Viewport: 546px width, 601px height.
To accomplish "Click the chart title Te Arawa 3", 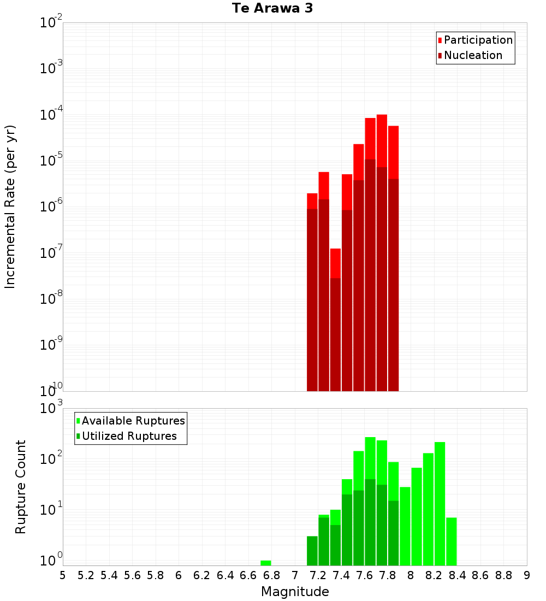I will tap(272, 9).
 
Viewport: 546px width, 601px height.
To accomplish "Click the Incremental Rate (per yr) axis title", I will tap(10, 207).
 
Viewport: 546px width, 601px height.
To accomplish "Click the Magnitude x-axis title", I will tap(295, 592).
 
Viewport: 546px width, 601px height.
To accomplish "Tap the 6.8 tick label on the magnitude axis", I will tap(271, 575).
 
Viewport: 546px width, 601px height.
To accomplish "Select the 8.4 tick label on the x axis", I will tap(457, 575).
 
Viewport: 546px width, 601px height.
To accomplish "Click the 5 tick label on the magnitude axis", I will tap(63, 575).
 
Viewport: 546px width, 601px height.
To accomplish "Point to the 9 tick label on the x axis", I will tap(527, 575).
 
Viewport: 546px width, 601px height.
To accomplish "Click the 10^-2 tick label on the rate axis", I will tap(51, 23).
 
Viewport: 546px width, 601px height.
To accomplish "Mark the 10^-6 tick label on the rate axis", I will tap(51, 207).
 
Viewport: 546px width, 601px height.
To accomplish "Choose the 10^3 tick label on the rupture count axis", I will tap(51, 409).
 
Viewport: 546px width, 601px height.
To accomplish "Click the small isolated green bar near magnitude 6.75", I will tap(266, 563).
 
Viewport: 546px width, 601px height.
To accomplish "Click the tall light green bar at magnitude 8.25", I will tap(440, 503).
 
